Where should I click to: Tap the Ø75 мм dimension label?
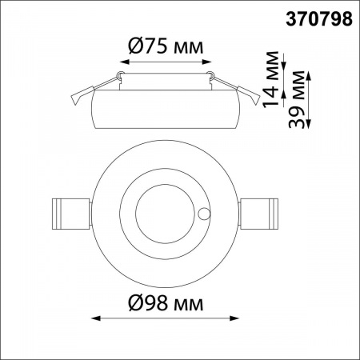(x=166, y=46)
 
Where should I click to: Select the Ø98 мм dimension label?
(x=166, y=304)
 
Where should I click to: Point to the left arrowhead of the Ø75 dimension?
(x=122, y=62)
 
